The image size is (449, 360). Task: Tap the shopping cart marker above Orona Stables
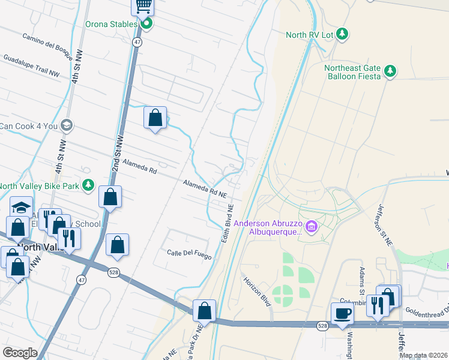tap(143, 6)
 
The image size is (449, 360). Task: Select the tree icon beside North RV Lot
tap(342, 34)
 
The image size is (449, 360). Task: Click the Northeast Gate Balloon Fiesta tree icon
tap(390, 71)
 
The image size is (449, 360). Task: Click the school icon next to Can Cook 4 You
tap(66, 125)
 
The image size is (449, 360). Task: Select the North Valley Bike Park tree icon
tap(88, 185)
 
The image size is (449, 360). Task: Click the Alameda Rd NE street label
tap(205, 190)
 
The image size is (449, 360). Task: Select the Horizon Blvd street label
tap(256, 290)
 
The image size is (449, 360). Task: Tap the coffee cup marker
tap(343, 313)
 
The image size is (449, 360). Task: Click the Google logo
tap(20, 352)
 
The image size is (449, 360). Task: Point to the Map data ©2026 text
tap(423, 355)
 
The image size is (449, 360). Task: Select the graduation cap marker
tap(21, 208)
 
